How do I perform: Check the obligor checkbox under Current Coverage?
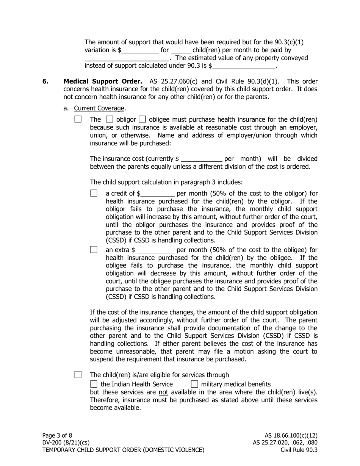pos(110,119)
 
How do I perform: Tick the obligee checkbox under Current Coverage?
pos(143,119)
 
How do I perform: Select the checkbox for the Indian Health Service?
pos(94,384)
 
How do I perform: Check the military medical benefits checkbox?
pos(194,384)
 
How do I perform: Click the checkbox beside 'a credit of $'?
pos(94,193)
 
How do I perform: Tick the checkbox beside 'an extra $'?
pos(94,250)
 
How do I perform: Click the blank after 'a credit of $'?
pos(157,194)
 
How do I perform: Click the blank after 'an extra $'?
pos(156,250)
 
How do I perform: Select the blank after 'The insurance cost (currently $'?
pos(202,159)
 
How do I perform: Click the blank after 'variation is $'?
pos(140,50)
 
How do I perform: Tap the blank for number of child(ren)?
pos(180,50)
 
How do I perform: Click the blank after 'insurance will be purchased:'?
pos(246,144)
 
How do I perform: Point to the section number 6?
pos(45,81)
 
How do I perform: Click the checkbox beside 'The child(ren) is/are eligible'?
pos(78,375)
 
